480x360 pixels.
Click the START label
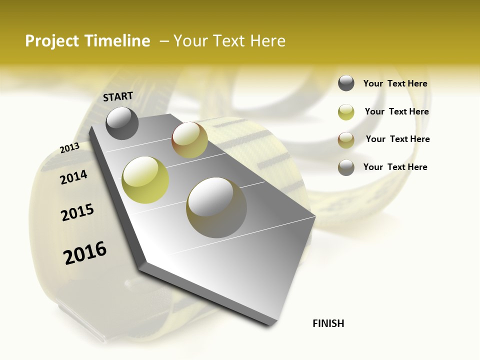pos(118,96)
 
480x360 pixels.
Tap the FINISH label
pos(328,323)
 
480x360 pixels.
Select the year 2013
pos(69,148)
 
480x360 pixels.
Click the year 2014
pos(73,177)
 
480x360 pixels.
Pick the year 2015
pos(77,212)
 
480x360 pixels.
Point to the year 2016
pos(85,252)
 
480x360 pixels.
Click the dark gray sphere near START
pos(122,123)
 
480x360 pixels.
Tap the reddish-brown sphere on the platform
pos(189,140)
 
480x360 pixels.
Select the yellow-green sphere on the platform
pos(145,180)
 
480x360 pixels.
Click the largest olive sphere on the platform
pos(216,207)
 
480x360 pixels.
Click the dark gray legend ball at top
pos(346,83)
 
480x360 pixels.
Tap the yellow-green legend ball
pos(346,112)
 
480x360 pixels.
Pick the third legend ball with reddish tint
pos(346,140)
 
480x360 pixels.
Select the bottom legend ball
pos(346,167)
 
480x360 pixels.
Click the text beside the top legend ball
pos(395,83)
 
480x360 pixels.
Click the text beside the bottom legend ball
pos(395,167)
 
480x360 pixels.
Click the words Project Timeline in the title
pos(87,41)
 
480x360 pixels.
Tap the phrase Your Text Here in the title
pos(229,41)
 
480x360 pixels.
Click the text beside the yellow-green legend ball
pos(396,111)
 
